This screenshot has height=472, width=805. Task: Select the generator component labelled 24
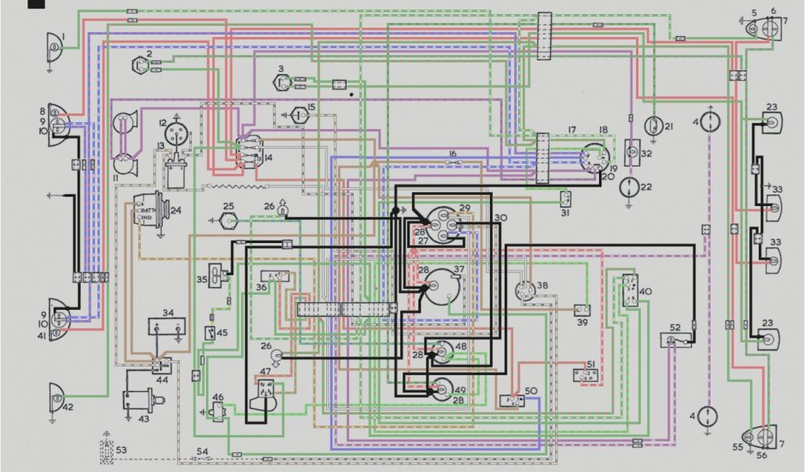pyautogui.click(x=149, y=212)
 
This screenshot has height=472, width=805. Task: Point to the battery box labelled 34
pyautogui.click(x=167, y=328)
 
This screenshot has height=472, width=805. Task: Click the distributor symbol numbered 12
pyautogui.click(x=174, y=133)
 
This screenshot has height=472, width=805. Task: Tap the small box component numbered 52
pyautogui.click(x=674, y=340)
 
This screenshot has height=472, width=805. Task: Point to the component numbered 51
pyautogui.click(x=588, y=375)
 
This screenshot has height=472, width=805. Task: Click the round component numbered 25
pyautogui.click(x=228, y=219)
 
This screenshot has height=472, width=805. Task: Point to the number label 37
pyautogui.click(x=459, y=271)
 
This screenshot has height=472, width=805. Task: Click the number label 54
pyautogui.click(x=203, y=451)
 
